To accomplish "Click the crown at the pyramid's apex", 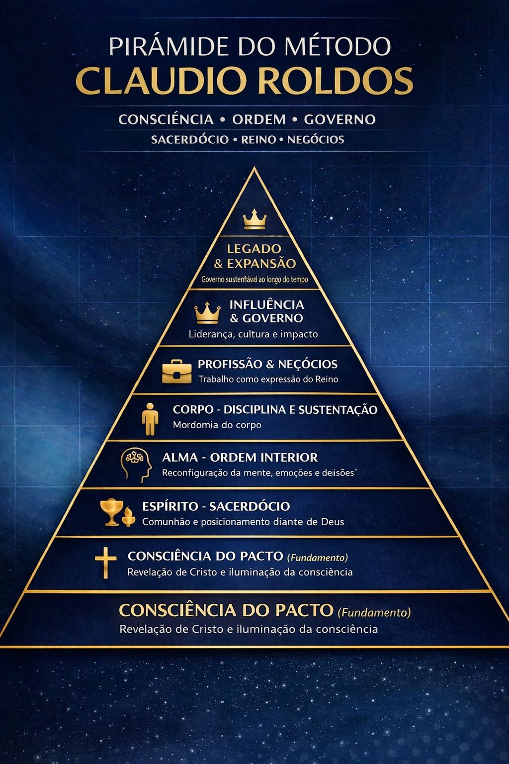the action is coord(254,219).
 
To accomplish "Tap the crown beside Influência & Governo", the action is coord(207,313).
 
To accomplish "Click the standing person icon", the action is coord(150,419).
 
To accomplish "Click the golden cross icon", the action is coord(105,564).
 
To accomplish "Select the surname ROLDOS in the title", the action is coord(339,81).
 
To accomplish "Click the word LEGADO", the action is coord(254,249).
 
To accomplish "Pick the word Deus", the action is coord(333,522).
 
